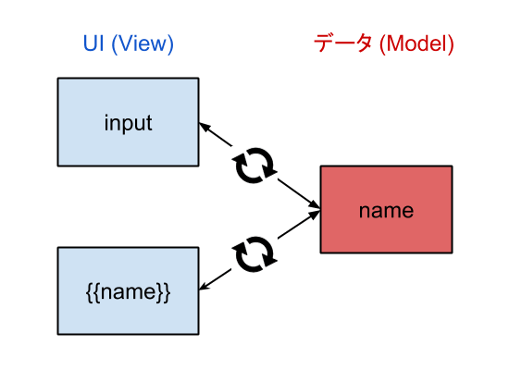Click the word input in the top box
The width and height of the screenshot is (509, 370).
tap(129, 123)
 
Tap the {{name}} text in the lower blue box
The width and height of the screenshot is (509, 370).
tap(129, 292)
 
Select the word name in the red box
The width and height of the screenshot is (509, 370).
tap(386, 211)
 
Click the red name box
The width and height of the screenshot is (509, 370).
tap(386, 209)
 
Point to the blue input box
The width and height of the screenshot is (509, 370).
tap(129, 122)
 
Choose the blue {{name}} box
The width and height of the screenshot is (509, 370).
tap(129, 290)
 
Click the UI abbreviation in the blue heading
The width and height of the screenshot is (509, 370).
tap(93, 43)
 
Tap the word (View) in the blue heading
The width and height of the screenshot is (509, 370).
tap(143, 43)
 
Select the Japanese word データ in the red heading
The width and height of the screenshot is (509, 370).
tap(342, 43)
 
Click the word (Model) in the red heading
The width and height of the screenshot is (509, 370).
tap(416, 43)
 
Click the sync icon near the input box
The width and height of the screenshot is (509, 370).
tap(254, 166)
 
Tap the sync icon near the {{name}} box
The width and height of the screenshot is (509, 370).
tap(254, 254)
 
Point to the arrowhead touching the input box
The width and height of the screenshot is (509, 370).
tap(205, 127)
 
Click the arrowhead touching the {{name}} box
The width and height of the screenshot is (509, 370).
tap(205, 286)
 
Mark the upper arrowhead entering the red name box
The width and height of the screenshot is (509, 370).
tap(315, 203)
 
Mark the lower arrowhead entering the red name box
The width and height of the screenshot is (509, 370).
tap(315, 215)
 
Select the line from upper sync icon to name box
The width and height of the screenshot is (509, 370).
tap(299, 193)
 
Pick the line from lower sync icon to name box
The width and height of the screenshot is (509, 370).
tap(299, 225)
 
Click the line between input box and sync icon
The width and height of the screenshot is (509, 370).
tap(216, 134)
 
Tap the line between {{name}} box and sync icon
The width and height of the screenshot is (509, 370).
tap(216, 279)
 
